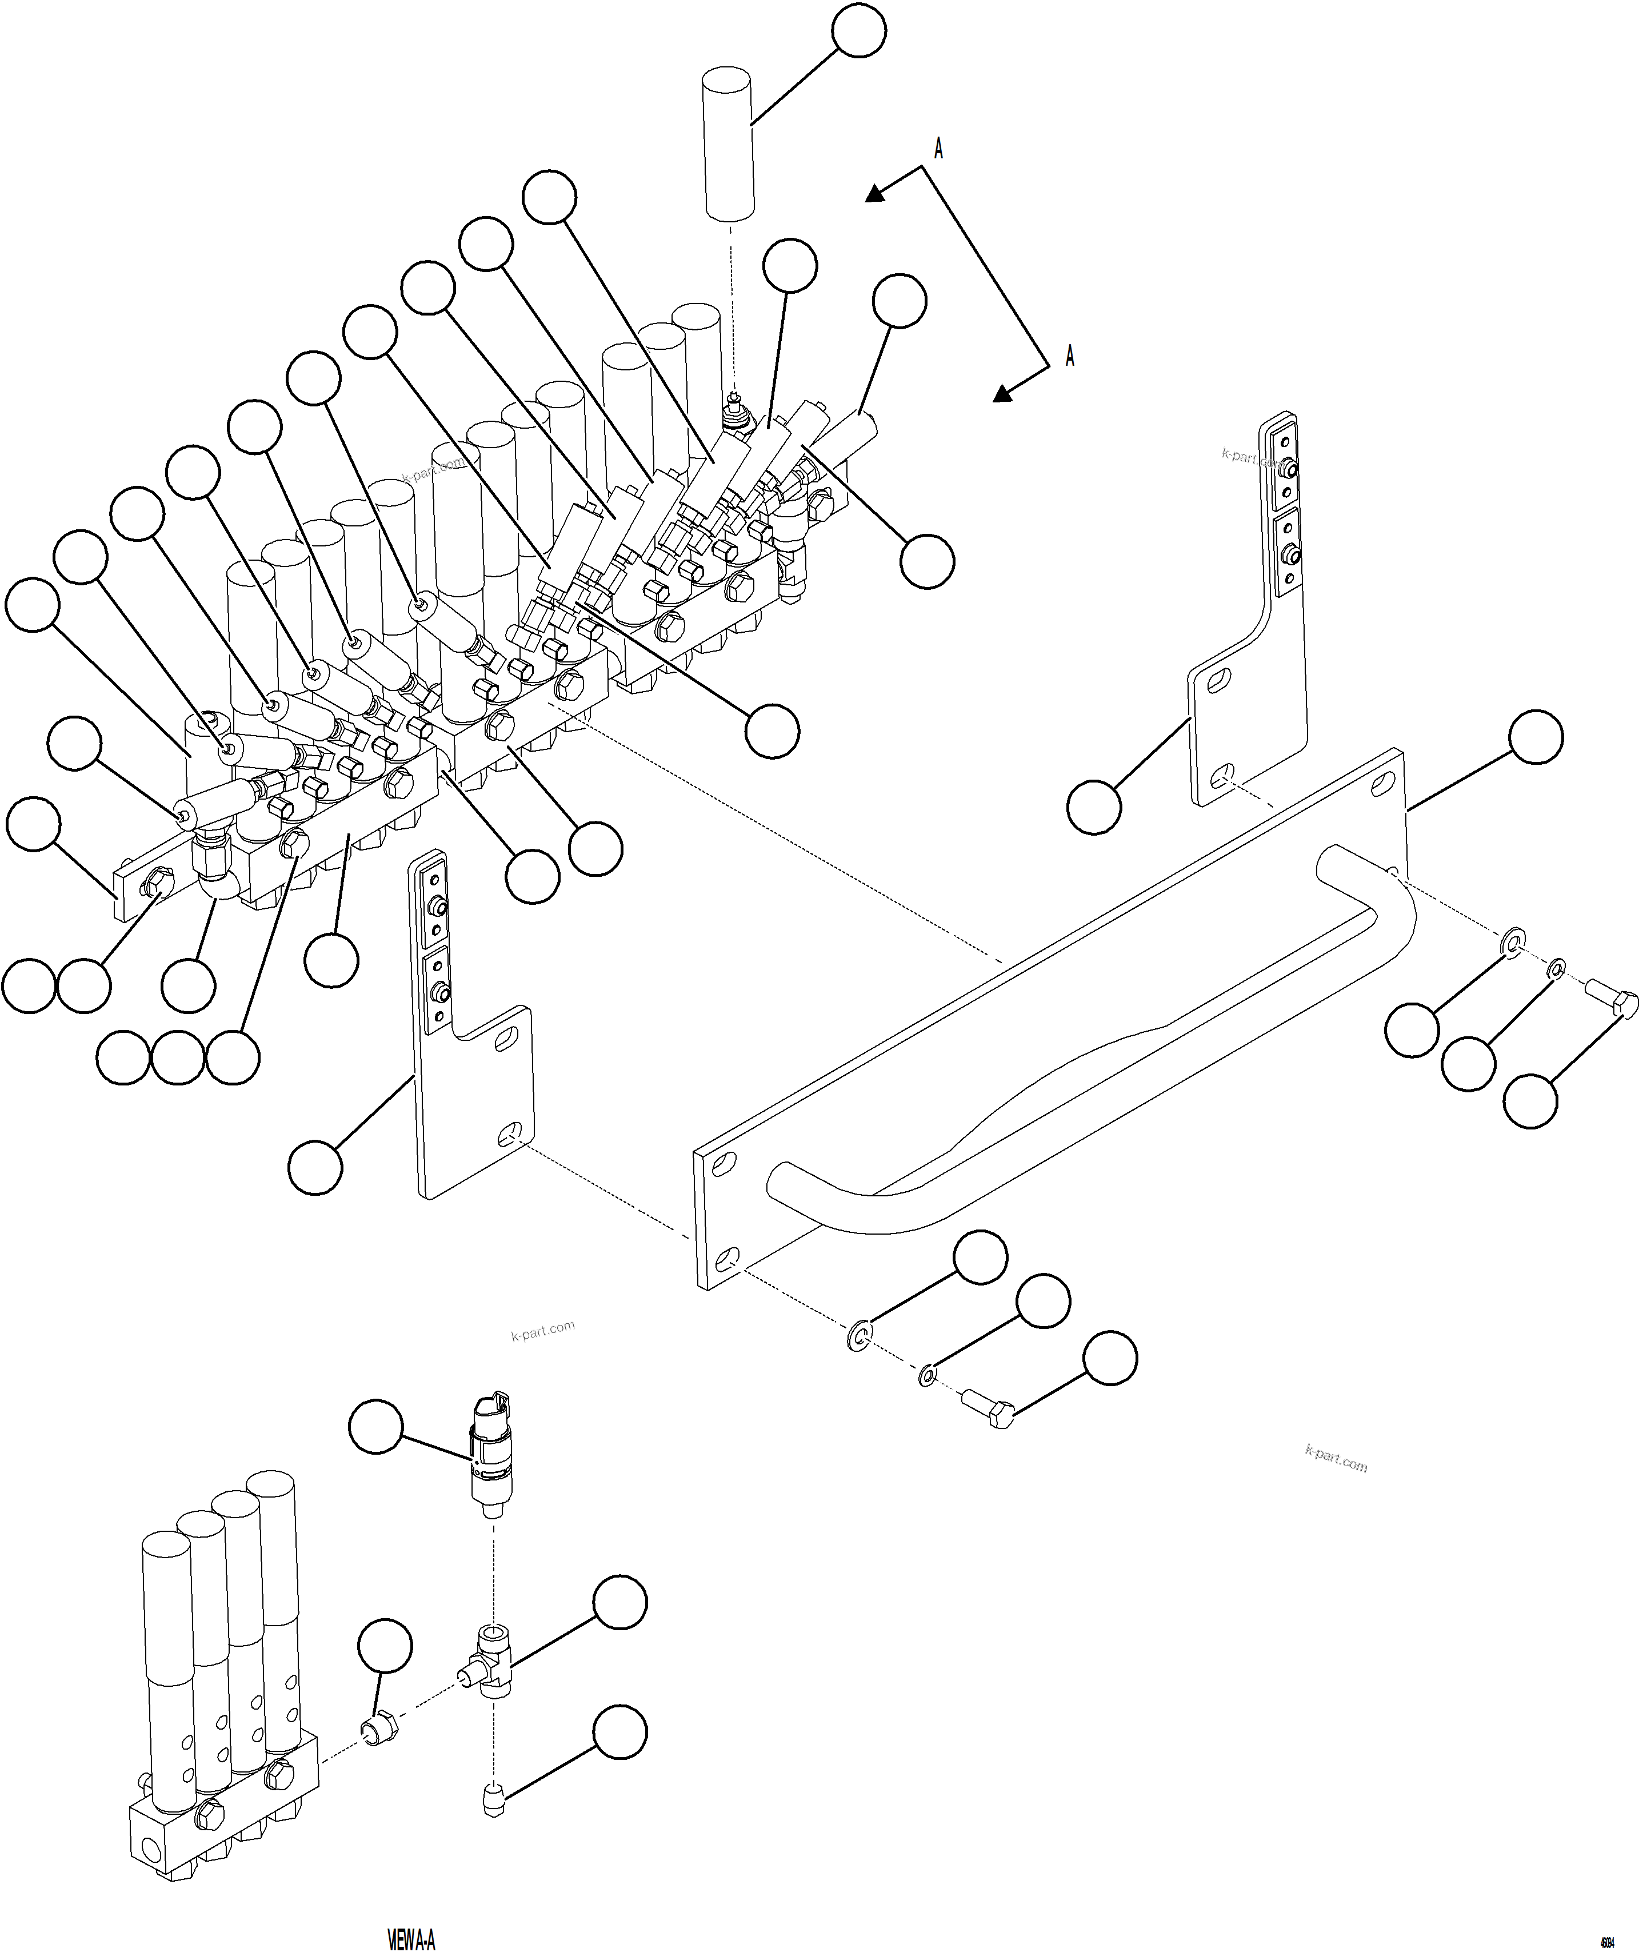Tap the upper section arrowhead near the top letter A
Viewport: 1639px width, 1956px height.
click(874, 193)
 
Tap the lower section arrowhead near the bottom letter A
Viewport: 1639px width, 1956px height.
click(1002, 394)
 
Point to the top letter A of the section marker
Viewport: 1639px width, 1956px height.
click(939, 149)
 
